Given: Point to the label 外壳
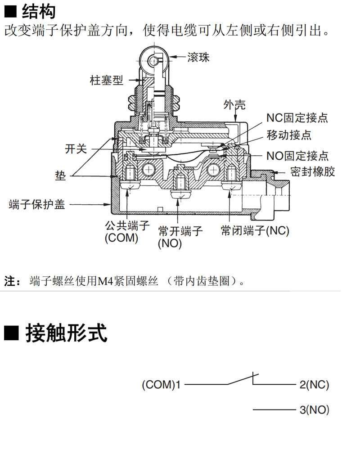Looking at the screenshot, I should coord(234,105).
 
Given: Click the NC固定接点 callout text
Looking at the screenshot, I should coord(297,118).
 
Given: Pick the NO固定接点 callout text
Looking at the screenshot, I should coord(297,156).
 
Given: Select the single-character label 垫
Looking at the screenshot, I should coord(60,175).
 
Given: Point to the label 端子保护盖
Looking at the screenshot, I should coord(37,204).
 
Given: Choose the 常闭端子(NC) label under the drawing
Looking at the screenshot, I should coord(255,231).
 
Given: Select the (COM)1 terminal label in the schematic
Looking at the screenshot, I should coord(161,385).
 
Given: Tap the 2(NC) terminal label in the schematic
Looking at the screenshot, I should coord(314,385).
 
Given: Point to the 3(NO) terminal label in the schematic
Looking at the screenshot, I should coord(314,410).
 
